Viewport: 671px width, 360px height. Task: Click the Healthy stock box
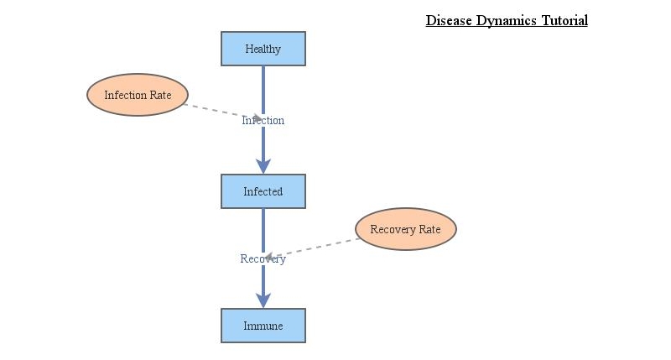(x=263, y=49)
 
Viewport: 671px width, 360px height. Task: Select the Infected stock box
(x=263, y=191)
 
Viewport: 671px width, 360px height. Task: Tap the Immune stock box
(x=263, y=326)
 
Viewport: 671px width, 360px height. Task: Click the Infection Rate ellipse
(x=138, y=95)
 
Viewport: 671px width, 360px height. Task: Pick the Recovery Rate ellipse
(x=406, y=229)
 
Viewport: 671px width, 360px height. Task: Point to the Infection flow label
(x=263, y=120)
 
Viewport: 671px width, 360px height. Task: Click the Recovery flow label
(x=263, y=258)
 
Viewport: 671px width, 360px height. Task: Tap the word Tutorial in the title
(x=564, y=20)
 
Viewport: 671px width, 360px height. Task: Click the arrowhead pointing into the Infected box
(x=263, y=166)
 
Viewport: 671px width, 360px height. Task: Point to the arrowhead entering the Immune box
(x=263, y=300)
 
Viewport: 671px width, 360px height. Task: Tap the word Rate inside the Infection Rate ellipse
(x=160, y=95)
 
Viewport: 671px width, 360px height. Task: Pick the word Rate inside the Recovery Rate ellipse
(x=429, y=229)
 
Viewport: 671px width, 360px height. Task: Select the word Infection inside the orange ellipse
(x=126, y=95)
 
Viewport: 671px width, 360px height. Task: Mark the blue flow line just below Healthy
(x=263, y=84)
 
